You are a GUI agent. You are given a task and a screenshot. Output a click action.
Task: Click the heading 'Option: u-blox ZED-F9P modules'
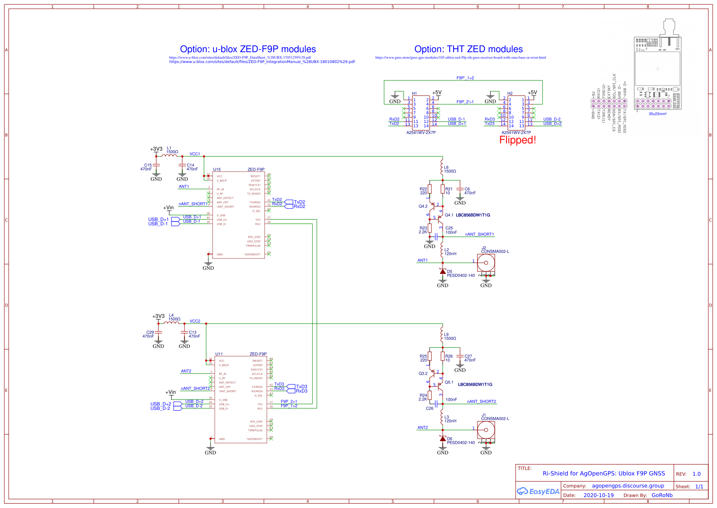248,49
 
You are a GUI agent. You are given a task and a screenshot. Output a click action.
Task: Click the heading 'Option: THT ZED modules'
468,49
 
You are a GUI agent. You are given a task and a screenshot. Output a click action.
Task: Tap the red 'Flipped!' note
517,140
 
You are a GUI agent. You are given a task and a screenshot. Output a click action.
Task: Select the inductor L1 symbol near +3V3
169,155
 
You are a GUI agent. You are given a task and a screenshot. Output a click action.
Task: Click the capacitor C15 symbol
156,165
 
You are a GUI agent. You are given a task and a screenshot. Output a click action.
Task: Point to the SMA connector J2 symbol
486,263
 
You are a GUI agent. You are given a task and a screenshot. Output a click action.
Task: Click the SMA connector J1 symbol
486,430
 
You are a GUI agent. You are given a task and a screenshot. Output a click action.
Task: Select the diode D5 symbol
443,271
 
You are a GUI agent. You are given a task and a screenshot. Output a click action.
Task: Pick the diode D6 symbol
443,439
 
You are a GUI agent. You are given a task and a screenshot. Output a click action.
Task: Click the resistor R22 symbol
430,189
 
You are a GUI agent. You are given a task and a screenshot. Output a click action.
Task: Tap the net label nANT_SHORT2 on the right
481,402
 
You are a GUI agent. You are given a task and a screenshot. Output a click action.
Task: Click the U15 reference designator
217,170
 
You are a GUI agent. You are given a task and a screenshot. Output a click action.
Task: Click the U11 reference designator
219,354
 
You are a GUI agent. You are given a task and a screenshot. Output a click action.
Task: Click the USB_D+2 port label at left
161,404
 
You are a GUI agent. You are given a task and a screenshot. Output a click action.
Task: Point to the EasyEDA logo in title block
538,492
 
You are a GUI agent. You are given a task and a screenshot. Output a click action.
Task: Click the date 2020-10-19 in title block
599,495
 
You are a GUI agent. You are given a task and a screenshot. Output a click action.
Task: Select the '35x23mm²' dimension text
658,114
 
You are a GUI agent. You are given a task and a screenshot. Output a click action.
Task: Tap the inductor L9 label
446,335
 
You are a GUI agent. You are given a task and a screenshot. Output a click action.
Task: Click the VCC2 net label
195,321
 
